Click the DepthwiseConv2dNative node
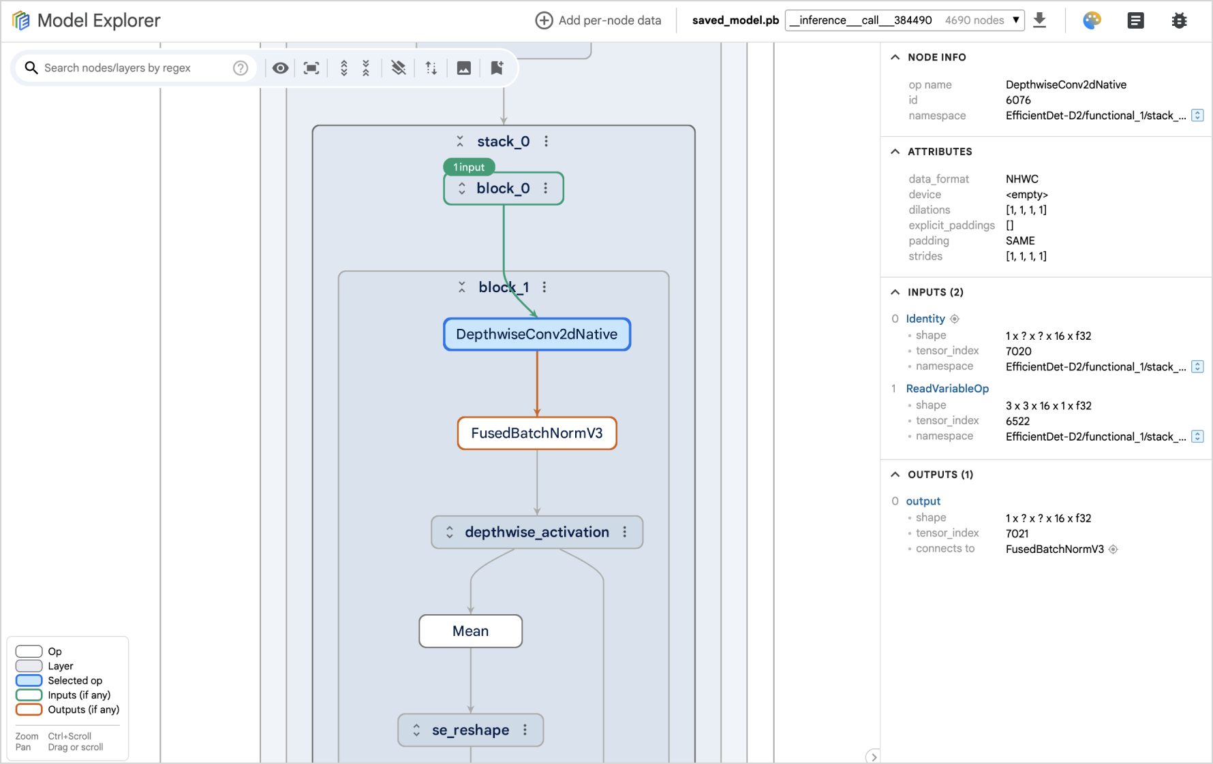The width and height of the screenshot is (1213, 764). [536, 334]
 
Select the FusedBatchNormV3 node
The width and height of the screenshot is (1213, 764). [536, 433]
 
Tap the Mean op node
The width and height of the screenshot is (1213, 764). [470, 631]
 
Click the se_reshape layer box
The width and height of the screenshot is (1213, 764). [470, 730]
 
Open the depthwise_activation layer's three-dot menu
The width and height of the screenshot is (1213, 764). [625, 532]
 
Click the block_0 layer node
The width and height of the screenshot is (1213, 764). [503, 189]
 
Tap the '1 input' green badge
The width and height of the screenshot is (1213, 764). [469, 167]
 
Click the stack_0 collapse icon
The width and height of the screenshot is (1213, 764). [460, 142]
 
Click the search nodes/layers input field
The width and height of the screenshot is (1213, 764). [129, 68]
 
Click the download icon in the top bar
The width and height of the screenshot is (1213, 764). [1039, 20]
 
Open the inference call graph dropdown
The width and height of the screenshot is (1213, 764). [904, 20]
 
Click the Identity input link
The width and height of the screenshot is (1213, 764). [925, 319]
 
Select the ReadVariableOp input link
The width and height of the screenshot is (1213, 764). [947, 388]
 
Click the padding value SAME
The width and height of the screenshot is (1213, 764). [1019, 240]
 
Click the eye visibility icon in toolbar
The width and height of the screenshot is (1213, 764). [280, 68]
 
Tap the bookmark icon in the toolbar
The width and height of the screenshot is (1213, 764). [497, 68]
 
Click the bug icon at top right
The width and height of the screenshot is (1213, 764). [1179, 20]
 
